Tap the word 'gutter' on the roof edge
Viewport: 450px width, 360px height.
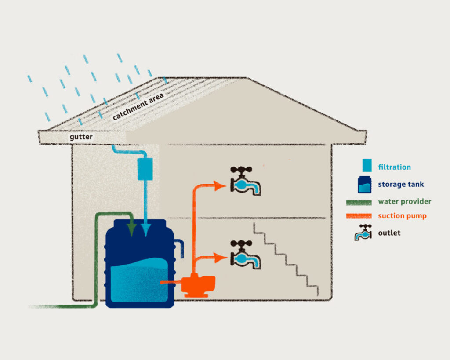(82, 138)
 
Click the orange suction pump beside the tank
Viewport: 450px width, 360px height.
(199, 285)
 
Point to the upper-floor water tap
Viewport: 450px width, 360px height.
(244, 181)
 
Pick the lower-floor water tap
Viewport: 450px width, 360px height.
(244, 255)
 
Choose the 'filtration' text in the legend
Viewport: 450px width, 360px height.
(394, 167)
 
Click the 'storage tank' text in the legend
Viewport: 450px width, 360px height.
(401, 185)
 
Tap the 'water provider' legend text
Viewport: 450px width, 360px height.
(404, 202)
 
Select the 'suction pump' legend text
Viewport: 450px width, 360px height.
(402, 216)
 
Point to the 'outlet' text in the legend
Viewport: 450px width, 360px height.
(389, 233)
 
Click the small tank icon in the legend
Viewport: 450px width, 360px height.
(364, 185)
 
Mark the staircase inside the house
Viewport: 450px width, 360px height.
(286, 259)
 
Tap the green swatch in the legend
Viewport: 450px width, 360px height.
(359, 202)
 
